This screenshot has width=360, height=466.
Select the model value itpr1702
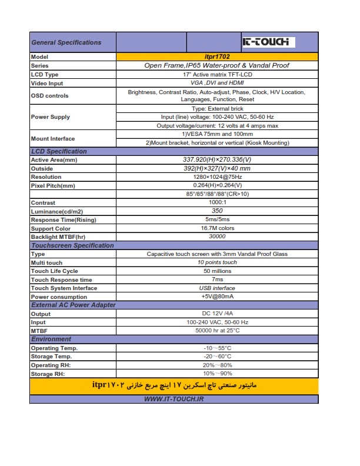tap(217, 57)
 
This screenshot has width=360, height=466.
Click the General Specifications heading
tap(66, 42)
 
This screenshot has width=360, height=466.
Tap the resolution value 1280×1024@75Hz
tap(217, 177)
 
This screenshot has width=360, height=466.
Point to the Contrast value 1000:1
tap(217, 202)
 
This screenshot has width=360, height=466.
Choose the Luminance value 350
tap(217, 211)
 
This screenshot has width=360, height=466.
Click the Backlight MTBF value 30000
tap(217, 237)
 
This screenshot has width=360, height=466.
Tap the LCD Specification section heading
tap(59, 151)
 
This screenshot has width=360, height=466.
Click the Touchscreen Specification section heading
tap(72, 245)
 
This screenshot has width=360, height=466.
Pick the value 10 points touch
tap(217, 262)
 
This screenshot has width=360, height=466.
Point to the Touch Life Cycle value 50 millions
tap(217, 271)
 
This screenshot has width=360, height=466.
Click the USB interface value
tap(217, 288)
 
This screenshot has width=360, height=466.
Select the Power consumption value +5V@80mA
tap(217, 297)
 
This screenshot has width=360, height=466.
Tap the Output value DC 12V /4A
tap(217, 314)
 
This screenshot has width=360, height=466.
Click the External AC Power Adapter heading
tap(74, 305)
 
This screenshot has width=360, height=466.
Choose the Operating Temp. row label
tap(54, 348)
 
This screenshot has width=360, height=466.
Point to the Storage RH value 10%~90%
tap(217, 374)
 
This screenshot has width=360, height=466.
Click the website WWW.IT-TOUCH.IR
tap(174, 399)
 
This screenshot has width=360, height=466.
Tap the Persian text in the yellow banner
tap(174, 386)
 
